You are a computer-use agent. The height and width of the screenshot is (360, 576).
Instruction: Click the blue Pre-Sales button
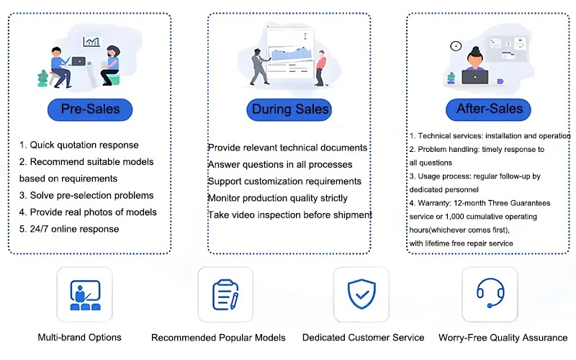[90, 109]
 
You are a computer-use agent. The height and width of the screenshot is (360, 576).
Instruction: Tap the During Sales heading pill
[289, 109]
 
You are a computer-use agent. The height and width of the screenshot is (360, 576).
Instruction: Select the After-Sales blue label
[488, 109]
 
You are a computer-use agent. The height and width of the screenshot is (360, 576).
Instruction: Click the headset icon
[490, 293]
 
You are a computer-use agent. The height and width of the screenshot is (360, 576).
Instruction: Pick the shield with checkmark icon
[361, 294]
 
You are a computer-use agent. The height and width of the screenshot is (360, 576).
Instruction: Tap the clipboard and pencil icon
[225, 294]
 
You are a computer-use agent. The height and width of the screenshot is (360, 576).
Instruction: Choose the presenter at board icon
[85, 295]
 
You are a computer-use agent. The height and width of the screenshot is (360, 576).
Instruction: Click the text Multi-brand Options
[79, 337]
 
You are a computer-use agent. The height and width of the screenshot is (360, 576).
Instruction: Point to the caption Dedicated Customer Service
[363, 338]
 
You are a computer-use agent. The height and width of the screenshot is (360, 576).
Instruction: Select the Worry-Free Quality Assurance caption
[503, 338]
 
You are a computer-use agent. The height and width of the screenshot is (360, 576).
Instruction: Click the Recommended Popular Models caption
[218, 338]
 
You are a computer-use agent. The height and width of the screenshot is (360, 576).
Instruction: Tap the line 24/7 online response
[69, 229]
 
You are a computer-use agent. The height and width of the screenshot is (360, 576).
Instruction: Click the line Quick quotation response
[79, 145]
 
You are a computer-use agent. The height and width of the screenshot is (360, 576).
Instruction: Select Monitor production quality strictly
[278, 198]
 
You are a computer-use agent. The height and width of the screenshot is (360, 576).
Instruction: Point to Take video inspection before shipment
[290, 215]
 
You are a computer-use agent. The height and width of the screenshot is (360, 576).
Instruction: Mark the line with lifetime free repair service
[461, 243]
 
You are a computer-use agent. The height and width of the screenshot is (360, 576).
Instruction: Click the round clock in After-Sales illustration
[456, 46]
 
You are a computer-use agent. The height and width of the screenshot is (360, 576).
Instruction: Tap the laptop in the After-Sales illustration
[475, 77]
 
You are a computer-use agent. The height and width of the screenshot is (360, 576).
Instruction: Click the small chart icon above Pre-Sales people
[91, 42]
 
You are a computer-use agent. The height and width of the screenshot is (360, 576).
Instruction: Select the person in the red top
[320, 68]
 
